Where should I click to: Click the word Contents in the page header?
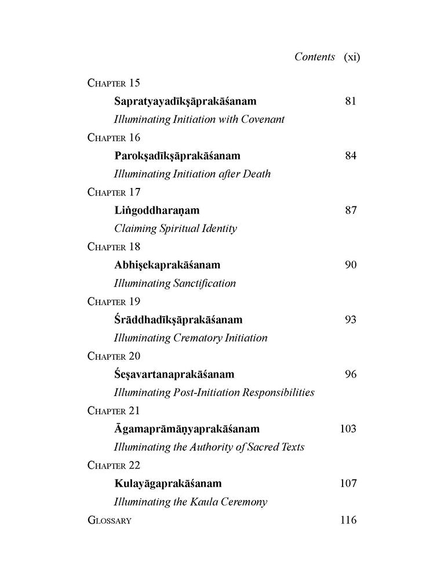tap(315, 57)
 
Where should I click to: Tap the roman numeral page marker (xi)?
tap(352, 57)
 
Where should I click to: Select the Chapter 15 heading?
tap(114, 82)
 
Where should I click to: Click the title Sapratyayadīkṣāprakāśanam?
tap(185, 101)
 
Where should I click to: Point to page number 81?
tap(350, 101)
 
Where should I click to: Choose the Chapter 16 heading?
tap(114, 137)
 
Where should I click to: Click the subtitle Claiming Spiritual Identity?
tap(176, 229)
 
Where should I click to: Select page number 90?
tap(350, 265)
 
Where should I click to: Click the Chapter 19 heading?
tap(114, 302)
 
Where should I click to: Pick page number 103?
tap(347, 429)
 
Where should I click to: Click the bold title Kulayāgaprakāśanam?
tap(168, 483)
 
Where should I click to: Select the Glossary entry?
tap(110, 520)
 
